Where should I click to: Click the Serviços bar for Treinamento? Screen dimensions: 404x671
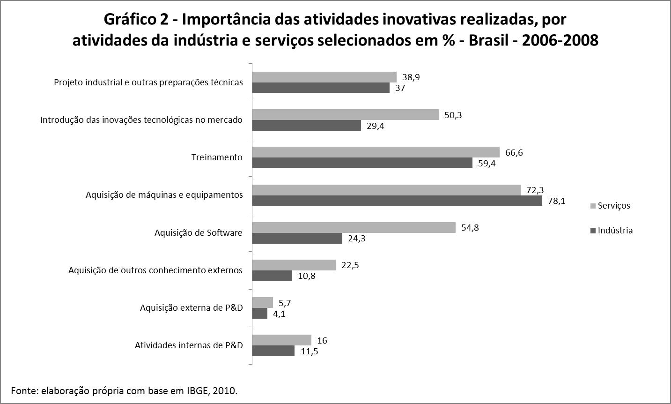pyautogui.click(x=376, y=152)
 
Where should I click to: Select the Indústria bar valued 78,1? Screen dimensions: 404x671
pyautogui.click(x=397, y=201)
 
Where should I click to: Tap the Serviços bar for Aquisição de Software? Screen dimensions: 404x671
pyautogui.click(x=354, y=228)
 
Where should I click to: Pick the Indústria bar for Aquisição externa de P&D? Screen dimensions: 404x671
pyautogui.click(x=260, y=314)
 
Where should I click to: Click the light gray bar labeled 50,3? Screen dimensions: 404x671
pyautogui.click(x=345, y=115)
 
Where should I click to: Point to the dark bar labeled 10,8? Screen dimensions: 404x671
pyautogui.click(x=272, y=276)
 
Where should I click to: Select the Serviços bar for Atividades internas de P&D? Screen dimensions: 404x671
pyautogui.click(x=282, y=340)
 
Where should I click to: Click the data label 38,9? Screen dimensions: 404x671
pyautogui.click(x=411, y=77)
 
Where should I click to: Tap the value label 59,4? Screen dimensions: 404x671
pyautogui.click(x=487, y=164)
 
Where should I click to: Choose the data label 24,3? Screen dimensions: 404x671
pyautogui.click(x=356, y=239)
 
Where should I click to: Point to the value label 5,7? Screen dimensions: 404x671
pyautogui.click(x=285, y=303)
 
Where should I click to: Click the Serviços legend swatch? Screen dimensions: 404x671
pyautogui.click(x=593, y=206)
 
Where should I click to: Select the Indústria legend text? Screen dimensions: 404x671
pyautogui.click(x=615, y=231)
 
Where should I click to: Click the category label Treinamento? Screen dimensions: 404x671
pyautogui.click(x=217, y=157)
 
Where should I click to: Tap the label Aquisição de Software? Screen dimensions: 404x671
pyautogui.click(x=199, y=233)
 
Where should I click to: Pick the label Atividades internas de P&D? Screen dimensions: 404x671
pyautogui.click(x=189, y=345)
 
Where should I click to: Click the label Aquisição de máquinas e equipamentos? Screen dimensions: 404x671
pyautogui.click(x=164, y=195)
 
